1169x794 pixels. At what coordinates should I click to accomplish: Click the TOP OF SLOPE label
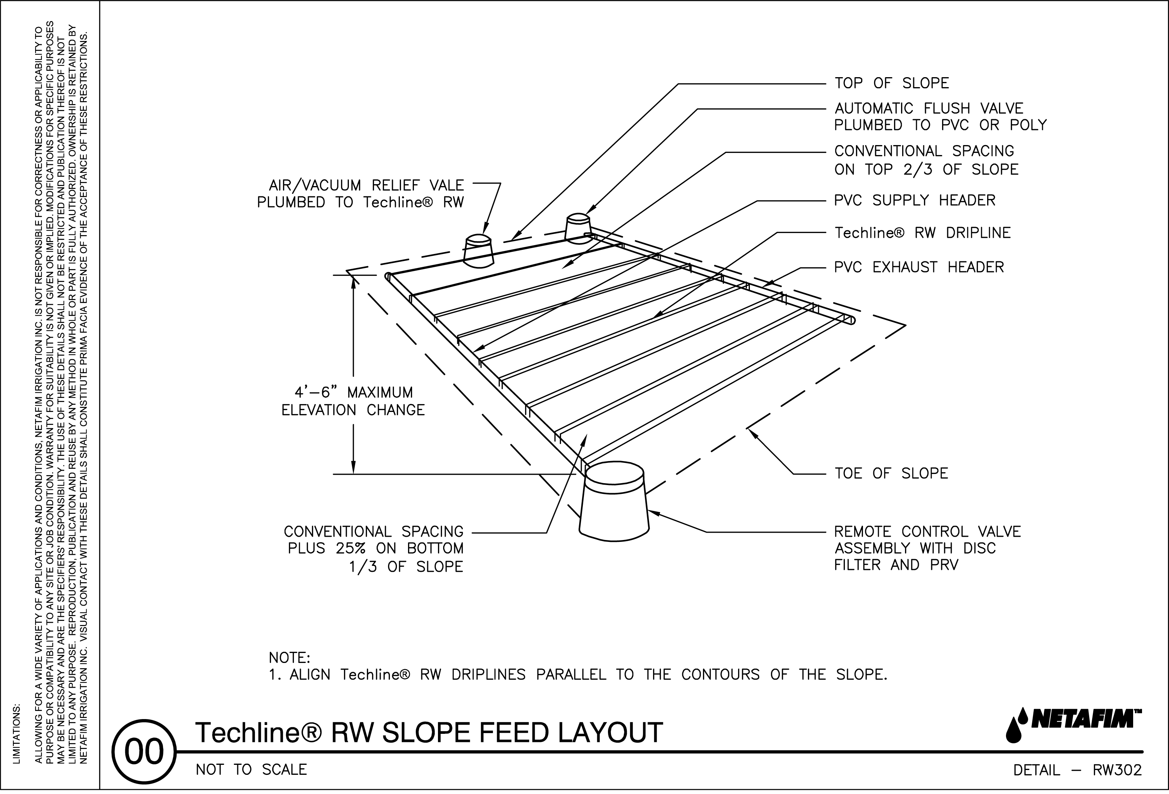point(891,83)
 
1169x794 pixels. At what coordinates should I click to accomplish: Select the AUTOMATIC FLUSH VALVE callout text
point(939,117)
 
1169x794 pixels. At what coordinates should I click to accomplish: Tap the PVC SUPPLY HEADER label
point(914,200)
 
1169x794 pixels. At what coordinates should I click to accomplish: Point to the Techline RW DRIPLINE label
point(922,233)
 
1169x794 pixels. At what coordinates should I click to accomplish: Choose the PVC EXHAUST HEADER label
point(918,267)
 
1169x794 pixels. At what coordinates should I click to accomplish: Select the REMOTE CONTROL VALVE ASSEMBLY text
point(927,548)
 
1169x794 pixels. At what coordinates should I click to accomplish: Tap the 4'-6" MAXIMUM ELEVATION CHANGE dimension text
point(353,401)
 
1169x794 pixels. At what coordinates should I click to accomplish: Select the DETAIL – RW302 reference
point(1077,770)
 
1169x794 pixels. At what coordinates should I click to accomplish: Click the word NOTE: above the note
point(290,658)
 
